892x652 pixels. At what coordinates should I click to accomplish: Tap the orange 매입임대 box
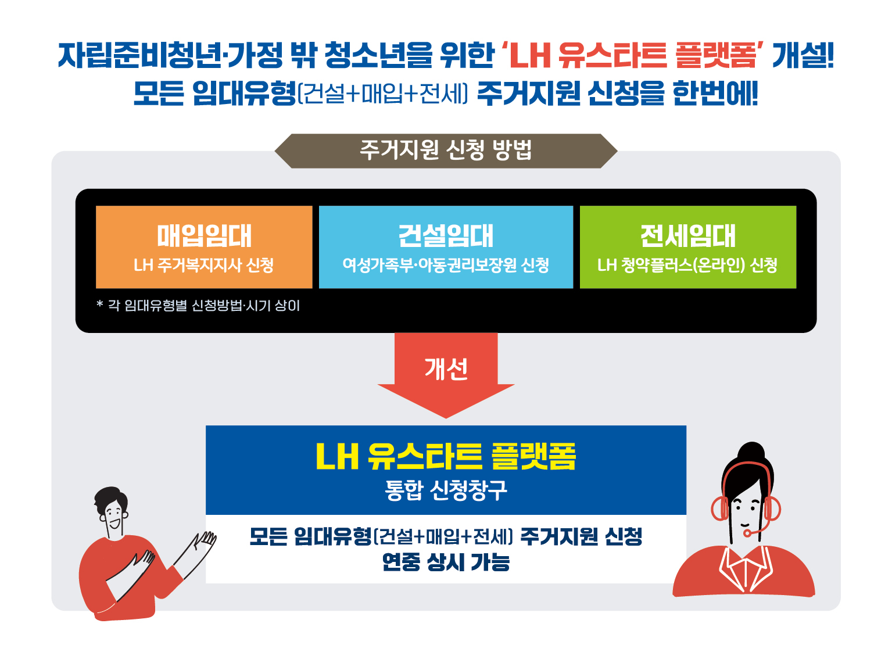point(204,247)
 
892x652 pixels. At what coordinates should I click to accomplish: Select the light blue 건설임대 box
point(446,247)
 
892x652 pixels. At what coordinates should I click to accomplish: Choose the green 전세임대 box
point(687,247)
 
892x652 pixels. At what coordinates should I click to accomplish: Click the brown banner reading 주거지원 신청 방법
point(446,151)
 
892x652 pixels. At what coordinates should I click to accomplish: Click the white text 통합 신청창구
point(446,490)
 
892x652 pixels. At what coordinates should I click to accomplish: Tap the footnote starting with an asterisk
point(198,306)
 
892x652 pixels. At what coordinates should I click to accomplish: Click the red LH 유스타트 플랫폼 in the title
point(633,55)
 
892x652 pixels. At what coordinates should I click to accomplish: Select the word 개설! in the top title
point(803,55)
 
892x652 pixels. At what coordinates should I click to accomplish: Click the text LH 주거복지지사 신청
point(203,265)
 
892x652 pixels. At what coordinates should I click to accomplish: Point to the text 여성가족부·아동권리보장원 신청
point(446,265)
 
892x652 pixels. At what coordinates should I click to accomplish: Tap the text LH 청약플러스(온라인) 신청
point(687,265)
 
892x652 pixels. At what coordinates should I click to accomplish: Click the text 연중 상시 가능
point(446,563)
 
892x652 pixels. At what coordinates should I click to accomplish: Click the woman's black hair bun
point(751,453)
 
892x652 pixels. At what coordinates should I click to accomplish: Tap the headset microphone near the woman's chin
point(747,533)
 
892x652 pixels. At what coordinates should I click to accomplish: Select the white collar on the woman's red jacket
point(746,568)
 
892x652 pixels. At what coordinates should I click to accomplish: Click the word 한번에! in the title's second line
point(715,94)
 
